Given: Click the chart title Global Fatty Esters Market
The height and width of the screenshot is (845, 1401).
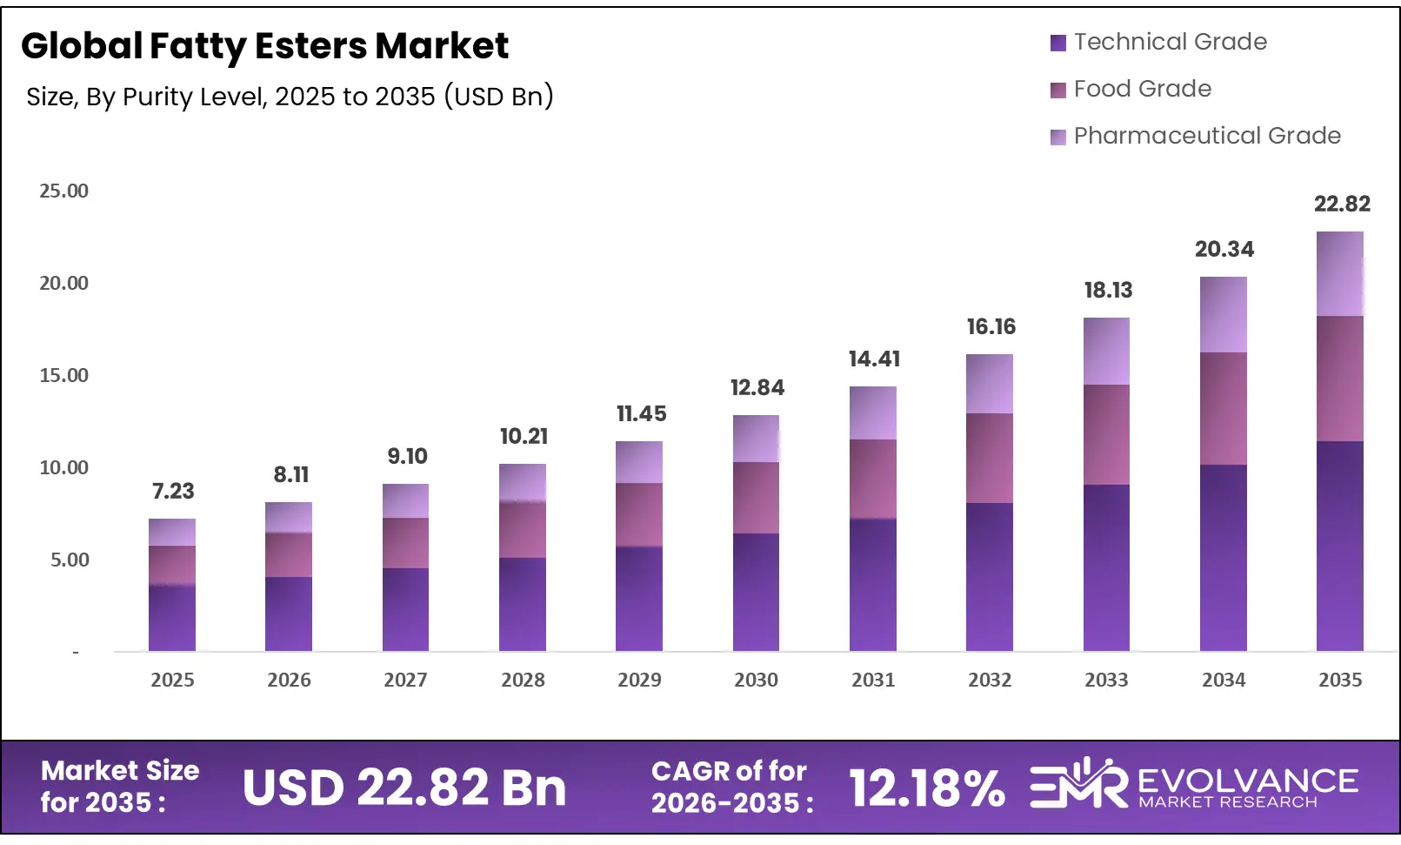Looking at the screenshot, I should (264, 46).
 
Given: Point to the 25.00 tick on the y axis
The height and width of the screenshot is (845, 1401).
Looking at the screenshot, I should (63, 191).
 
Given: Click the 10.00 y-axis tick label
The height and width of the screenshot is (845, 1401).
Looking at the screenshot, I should (63, 468).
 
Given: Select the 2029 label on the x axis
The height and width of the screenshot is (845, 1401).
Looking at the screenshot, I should (639, 680).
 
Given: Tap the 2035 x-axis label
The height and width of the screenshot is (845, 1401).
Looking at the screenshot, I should (1340, 680).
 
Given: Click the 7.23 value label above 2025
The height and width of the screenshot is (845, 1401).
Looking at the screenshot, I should (173, 492).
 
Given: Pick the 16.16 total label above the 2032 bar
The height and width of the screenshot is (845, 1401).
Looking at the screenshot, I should (991, 327).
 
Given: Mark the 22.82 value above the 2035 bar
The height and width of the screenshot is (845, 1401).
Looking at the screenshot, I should (1341, 205).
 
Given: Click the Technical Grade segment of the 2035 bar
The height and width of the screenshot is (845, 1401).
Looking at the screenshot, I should (1340, 546).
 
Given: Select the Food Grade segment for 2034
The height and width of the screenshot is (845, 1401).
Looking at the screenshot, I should (1224, 408).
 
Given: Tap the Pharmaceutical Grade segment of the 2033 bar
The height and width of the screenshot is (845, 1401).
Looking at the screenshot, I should (1106, 352).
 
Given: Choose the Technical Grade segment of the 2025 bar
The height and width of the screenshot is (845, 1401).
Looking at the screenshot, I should (172, 618).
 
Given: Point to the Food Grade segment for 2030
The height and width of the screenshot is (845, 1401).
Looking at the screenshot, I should (756, 498).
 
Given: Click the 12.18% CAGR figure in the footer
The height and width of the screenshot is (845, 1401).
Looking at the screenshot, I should (926, 788).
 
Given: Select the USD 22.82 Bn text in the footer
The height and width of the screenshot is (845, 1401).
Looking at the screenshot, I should (404, 788).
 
